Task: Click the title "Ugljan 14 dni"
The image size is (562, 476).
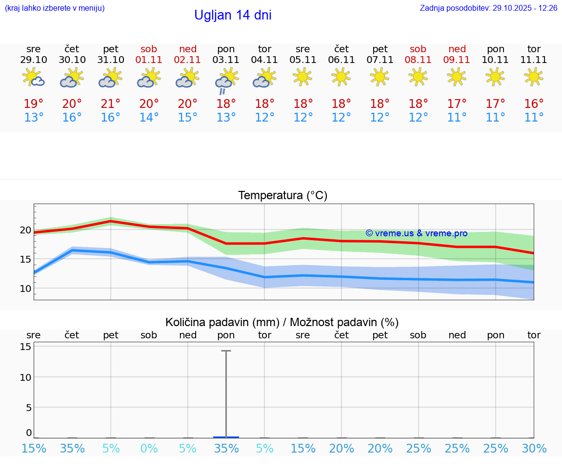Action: click(233, 15)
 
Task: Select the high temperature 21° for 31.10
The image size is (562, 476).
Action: click(111, 104)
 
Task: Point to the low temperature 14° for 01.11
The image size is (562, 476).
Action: click(149, 118)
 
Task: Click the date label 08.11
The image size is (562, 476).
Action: click(418, 60)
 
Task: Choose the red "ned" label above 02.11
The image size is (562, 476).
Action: click(188, 49)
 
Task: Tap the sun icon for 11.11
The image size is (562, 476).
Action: click(534, 77)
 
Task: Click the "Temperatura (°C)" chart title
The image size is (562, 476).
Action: click(282, 196)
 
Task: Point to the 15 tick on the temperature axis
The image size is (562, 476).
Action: click(25, 259)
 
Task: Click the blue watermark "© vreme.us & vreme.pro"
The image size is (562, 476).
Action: click(416, 233)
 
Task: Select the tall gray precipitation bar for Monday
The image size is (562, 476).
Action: click(226, 393)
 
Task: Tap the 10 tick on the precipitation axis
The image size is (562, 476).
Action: click(25, 377)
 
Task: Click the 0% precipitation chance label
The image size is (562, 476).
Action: click(149, 448)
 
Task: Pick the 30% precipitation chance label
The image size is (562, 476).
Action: click(534, 448)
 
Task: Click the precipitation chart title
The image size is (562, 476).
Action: click(282, 322)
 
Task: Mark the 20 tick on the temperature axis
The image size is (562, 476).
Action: click(25, 230)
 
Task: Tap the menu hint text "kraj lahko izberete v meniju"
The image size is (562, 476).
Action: click(55, 8)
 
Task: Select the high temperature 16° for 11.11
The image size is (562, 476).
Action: click(534, 104)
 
